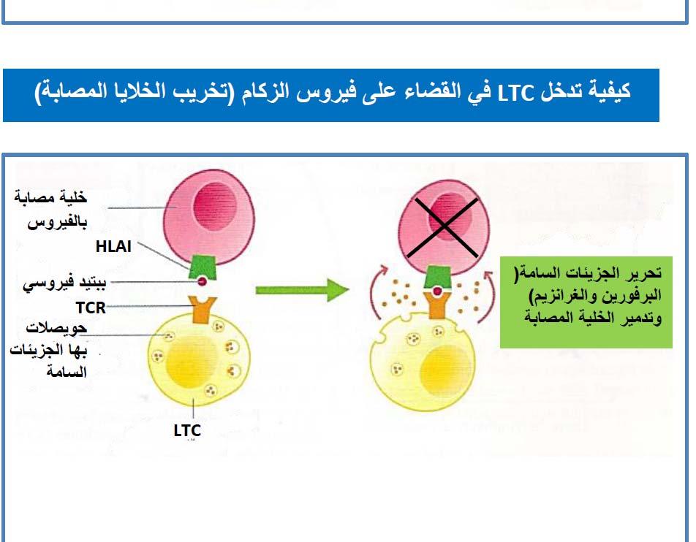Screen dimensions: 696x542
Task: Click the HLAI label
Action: click(x=113, y=247)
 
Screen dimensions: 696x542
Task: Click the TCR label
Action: click(x=91, y=308)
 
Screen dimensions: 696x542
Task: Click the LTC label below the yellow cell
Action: click(x=187, y=430)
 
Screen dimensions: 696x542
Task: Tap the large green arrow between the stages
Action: click(x=302, y=290)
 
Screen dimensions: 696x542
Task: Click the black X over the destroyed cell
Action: click(x=446, y=227)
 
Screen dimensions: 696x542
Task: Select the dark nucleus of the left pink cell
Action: click(x=215, y=206)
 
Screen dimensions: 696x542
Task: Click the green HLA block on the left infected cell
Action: click(x=203, y=267)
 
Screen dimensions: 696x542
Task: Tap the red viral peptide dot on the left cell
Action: click(x=202, y=281)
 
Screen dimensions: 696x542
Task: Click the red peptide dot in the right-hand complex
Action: click(x=438, y=291)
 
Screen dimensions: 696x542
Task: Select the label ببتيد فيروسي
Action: click(x=65, y=283)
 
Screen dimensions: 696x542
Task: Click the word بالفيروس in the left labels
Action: click(x=57, y=222)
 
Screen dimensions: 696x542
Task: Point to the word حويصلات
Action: click(x=56, y=328)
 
